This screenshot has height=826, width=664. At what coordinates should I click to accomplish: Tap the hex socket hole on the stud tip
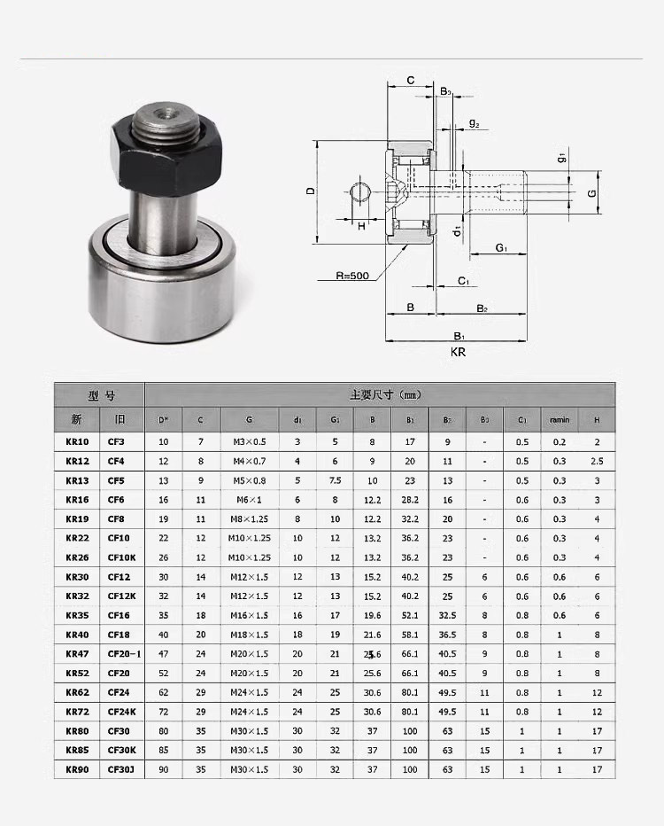[x=163, y=114]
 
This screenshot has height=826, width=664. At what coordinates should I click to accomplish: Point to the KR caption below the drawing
[x=458, y=352]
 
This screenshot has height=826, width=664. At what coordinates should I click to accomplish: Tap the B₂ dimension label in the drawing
[x=482, y=308]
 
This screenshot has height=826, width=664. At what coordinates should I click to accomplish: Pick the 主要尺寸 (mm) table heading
[x=382, y=394]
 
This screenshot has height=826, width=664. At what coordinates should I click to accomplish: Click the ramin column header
[x=559, y=419]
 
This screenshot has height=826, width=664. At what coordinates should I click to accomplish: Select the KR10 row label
[x=77, y=441]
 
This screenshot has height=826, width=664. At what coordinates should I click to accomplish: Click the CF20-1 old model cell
[x=124, y=653]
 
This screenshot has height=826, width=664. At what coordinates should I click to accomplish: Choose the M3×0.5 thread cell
[x=250, y=441]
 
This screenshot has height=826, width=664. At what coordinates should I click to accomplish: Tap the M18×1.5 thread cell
[x=250, y=635]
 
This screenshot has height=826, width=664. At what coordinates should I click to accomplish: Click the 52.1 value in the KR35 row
[x=410, y=615]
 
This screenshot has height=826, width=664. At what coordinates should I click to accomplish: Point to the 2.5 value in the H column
[x=597, y=461]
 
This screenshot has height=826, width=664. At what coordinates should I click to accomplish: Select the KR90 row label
[x=77, y=769]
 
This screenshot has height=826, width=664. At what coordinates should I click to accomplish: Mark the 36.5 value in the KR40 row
[x=447, y=635]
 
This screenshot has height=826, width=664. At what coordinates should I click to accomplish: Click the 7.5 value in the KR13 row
[x=335, y=480]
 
